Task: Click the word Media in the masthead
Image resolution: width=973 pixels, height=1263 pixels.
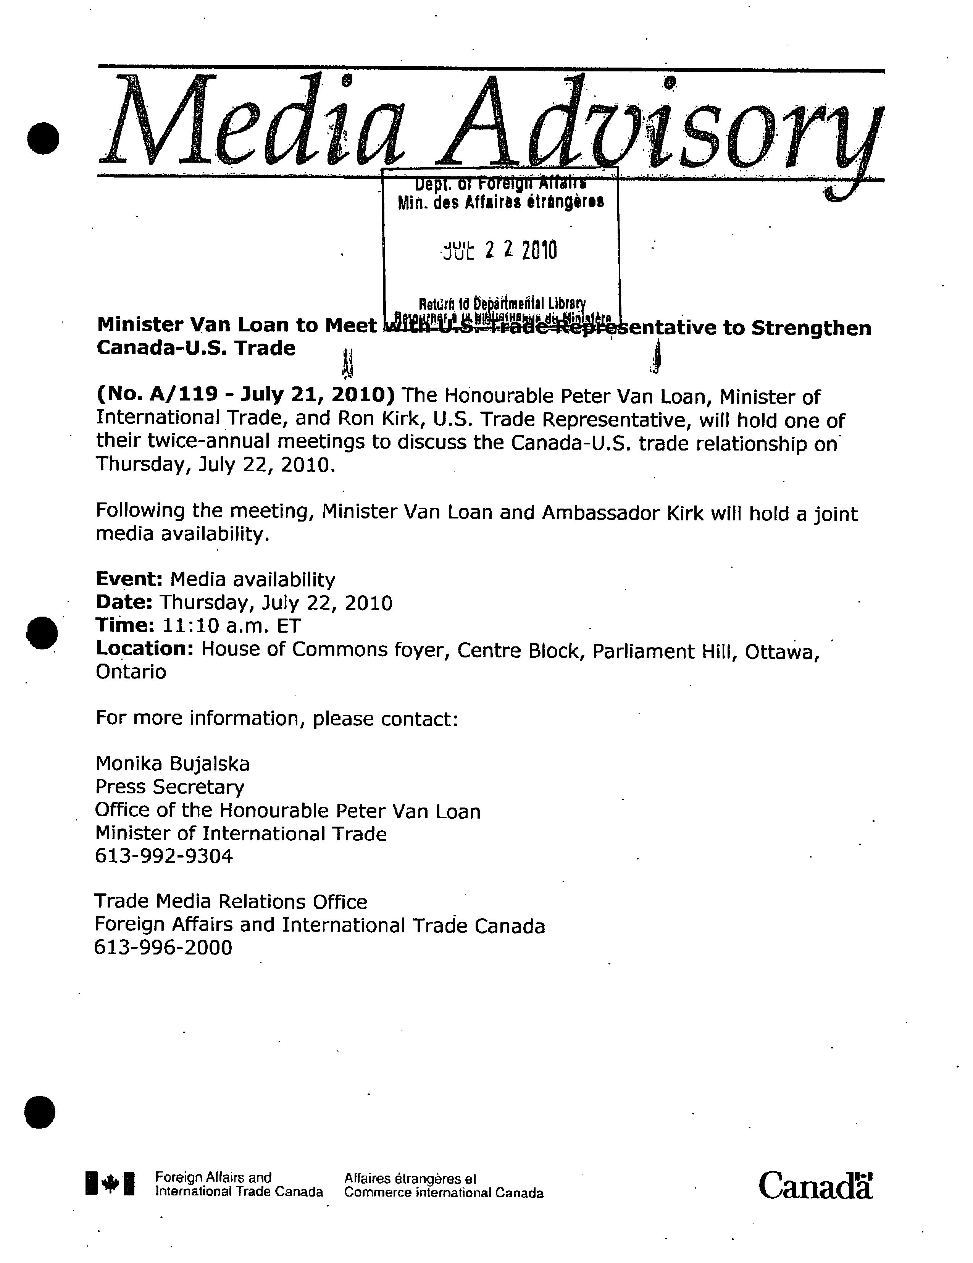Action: click(252, 121)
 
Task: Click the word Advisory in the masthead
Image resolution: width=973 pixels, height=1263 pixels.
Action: click(659, 124)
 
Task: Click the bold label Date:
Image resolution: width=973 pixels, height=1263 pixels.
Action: click(124, 602)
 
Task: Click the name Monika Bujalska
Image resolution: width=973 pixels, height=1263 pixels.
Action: click(172, 764)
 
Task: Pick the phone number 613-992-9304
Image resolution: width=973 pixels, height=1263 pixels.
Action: click(164, 856)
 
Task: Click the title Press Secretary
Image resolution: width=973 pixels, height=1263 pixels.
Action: click(169, 787)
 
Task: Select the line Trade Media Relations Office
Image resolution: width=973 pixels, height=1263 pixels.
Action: click(231, 901)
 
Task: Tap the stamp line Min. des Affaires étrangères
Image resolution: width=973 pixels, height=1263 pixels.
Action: click(501, 202)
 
